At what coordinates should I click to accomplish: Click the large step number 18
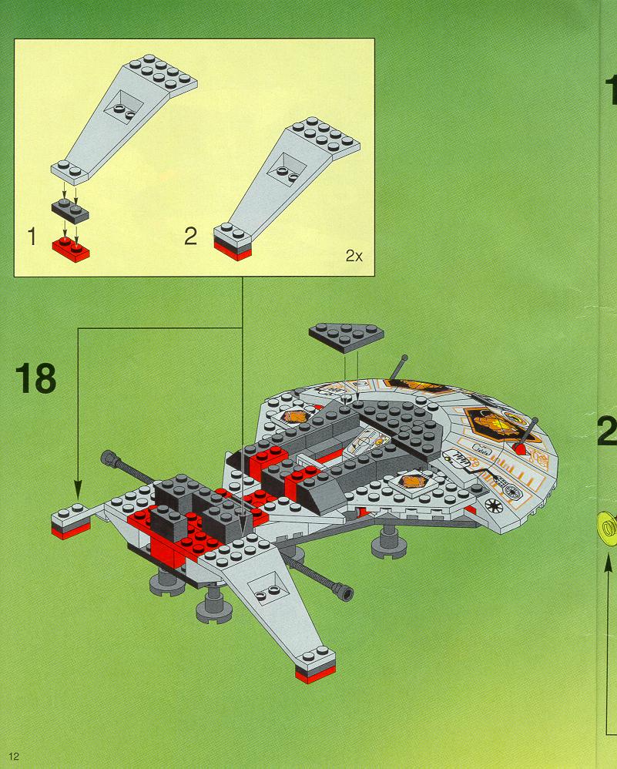35,379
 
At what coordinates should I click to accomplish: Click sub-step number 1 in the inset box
32,236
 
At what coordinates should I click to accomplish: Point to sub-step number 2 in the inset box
191,236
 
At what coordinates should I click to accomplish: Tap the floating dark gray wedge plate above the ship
346,334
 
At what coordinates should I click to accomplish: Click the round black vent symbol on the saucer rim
493,505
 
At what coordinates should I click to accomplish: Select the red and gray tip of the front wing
316,668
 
